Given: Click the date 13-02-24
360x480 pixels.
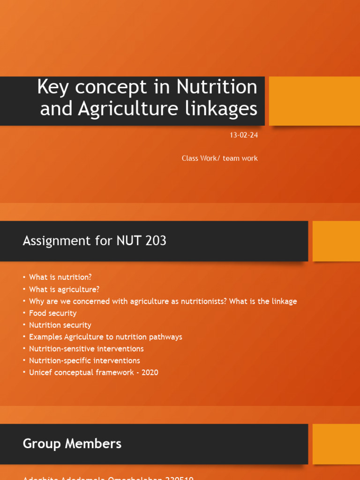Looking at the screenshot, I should pyautogui.click(x=243, y=135).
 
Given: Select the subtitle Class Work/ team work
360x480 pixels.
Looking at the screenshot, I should pyautogui.click(x=219, y=158).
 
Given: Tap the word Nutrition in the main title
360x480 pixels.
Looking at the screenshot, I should pyautogui.click(x=217, y=87).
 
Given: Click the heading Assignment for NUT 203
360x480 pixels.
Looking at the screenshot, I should pyautogui.click(x=94, y=241).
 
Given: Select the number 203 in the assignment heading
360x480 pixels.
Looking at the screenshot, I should pyautogui.click(x=156, y=241).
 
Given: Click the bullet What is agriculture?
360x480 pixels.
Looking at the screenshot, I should pyautogui.click(x=64, y=289).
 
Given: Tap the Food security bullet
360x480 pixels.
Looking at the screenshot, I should pyautogui.click(x=52, y=313).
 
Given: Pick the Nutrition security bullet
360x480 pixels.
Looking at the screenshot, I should pyautogui.click(x=60, y=325).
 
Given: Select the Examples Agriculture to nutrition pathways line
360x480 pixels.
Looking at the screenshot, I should pyautogui.click(x=105, y=337).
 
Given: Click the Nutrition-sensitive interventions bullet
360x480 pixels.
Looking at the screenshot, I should pyautogui.click(x=86, y=349).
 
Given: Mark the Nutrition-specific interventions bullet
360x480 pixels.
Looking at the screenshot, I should pyautogui.click(x=84, y=360).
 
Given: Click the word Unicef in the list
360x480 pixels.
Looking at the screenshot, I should pyautogui.click(x=39, y=373).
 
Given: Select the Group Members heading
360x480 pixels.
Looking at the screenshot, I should pyautogui.click(x=72, y=443).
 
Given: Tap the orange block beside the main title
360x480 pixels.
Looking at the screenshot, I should pyautogui.click(x=314, y=101).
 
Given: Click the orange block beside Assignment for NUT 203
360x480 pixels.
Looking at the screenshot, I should pyautogui.click(x=336, y=241).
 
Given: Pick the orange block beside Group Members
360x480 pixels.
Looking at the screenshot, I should pyautogui.click(x=336, y=444).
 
